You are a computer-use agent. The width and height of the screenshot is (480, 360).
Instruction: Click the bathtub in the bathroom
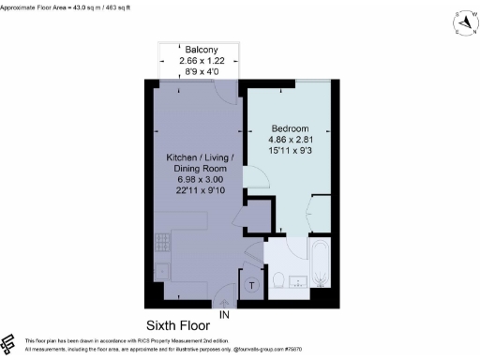(321, 269)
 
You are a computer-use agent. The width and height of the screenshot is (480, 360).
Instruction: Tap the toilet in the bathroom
(278, 280)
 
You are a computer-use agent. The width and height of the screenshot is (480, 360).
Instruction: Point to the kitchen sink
(160, 273)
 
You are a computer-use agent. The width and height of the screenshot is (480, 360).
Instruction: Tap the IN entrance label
(224, 317)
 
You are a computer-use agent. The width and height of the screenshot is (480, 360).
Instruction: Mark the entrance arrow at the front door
(224, 305)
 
